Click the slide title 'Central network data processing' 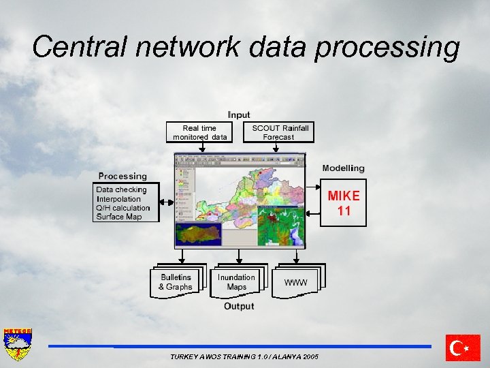[246, 47]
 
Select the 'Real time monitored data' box [199, 132]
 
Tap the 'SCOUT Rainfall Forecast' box [280, 132]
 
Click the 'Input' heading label [239, 114]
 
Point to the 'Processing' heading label [122, 176]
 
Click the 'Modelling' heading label [343, 168]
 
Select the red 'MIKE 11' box [344, 203]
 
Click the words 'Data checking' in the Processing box [121, 189]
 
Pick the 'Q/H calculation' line [123, 208]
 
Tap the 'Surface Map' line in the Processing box [119, 217]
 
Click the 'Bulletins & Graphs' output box [176, 282]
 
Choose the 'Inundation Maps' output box [236, 282]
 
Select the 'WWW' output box [296, 282]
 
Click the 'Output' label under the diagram [239, 307]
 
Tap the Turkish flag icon [463, 348]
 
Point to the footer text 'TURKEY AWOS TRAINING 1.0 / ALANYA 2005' [244, 357]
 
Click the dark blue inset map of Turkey [198, 234]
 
